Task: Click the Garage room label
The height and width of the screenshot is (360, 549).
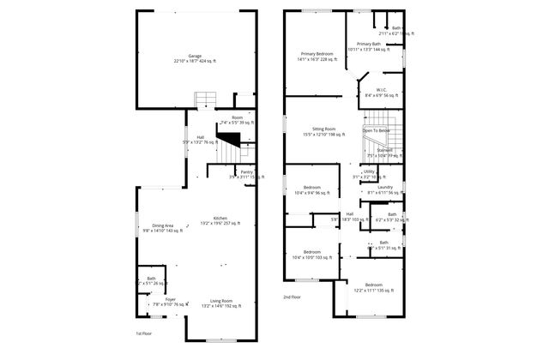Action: pos(196,56)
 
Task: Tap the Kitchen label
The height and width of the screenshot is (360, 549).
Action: pos(220,219)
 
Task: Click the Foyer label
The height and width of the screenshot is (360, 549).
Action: pos(159,299)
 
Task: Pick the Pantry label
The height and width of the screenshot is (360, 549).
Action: pos(246,172)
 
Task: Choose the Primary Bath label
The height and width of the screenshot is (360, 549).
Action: pos(370,44)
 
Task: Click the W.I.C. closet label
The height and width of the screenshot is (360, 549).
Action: pos(383,90)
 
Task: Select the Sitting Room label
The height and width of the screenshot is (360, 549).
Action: pos(317,129)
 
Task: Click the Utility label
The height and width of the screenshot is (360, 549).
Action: pos(369,171)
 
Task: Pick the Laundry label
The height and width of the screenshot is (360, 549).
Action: pos(385,187)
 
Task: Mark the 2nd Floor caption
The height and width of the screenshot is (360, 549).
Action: pos(293,297)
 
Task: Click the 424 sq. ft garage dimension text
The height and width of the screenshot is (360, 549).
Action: pos(196,62)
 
